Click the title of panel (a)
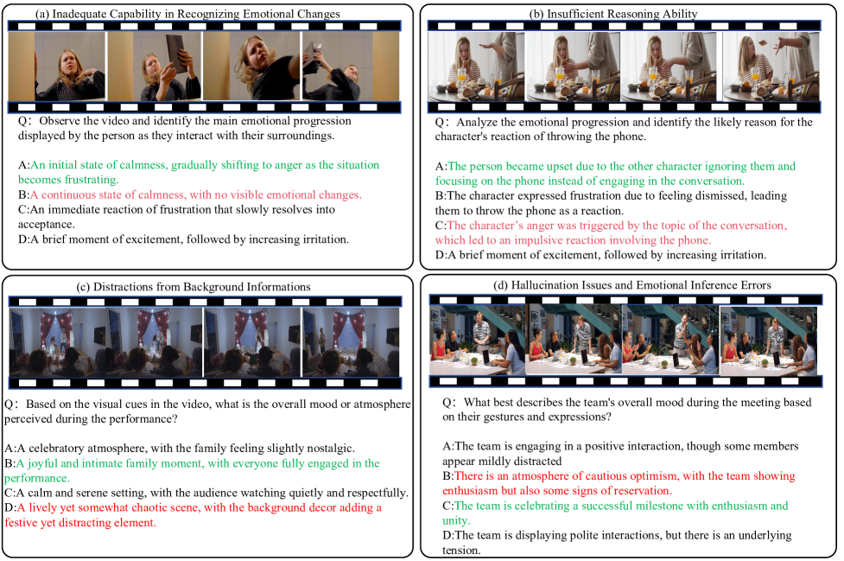pos(187,14)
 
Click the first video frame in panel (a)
pos(56,66)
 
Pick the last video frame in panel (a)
pos(351,66)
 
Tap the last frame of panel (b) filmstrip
pos(771,67)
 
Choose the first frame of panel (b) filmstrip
pos(476,67)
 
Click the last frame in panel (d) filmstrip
pos(769,340)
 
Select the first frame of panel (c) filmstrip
pos(57,342)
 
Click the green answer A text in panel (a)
pos(199,172)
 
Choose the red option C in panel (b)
pos(611,233)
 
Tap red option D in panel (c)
pos(194,514)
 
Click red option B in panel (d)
pos(619,483)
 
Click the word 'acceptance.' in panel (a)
pos(47,224)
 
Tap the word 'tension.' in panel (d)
pos(461,551)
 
